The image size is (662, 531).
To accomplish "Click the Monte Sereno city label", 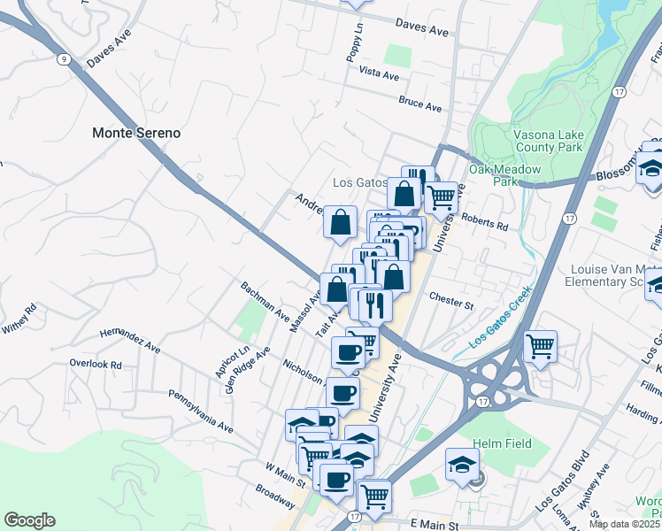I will (x=136, y=133).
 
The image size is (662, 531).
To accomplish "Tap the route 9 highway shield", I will (x=64, y=59).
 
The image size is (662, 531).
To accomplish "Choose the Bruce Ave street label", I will (x=420, y=105).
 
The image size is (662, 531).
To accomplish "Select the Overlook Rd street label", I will (x=96, y=364).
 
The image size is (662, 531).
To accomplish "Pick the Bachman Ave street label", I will (x=266, y=303).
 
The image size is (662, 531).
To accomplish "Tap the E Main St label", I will (x=428, y=525).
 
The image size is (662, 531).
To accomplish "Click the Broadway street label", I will (x=274, y=496).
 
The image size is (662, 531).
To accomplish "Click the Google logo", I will (x=29, y=520).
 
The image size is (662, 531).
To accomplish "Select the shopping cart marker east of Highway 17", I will (x=540, y=347).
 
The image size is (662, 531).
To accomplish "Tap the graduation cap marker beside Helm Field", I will (x=462, y=465).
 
